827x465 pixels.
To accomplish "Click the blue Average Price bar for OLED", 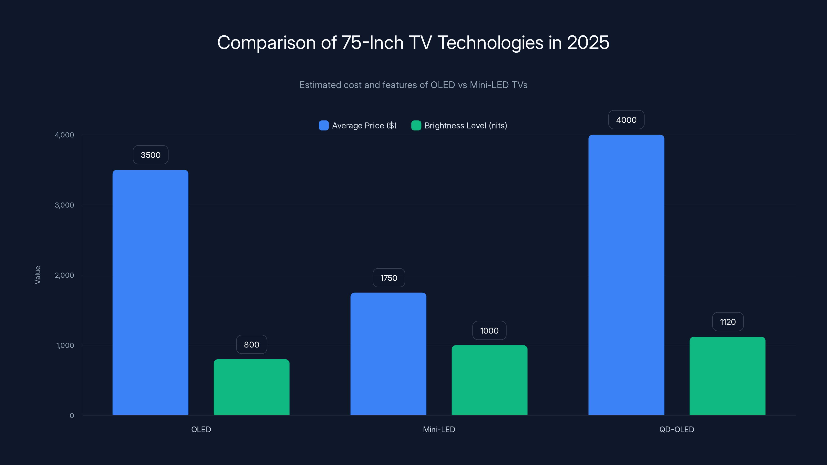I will coord(150,292).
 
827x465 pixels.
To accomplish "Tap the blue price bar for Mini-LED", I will coord(388,354).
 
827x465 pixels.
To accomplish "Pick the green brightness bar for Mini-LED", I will coord(489,380).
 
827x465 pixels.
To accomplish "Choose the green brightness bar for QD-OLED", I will coord(727,376).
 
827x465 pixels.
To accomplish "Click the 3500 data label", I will coord(151,155).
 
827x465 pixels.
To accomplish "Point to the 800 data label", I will coord(251,345).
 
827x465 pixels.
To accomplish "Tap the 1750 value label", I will coord(388,278).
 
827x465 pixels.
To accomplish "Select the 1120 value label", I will coord(728,322).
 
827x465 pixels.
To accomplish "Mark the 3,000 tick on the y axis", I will coord(64,205).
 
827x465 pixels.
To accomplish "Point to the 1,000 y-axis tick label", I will coord(65,345).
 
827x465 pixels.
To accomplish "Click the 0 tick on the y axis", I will coord(72,416).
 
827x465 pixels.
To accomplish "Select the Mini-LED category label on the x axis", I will coord(439,429).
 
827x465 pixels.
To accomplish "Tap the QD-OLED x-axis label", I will coord(676,429).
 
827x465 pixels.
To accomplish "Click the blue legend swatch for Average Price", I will coord(324,126).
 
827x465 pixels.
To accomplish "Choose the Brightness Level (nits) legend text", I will coord(465,126).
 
